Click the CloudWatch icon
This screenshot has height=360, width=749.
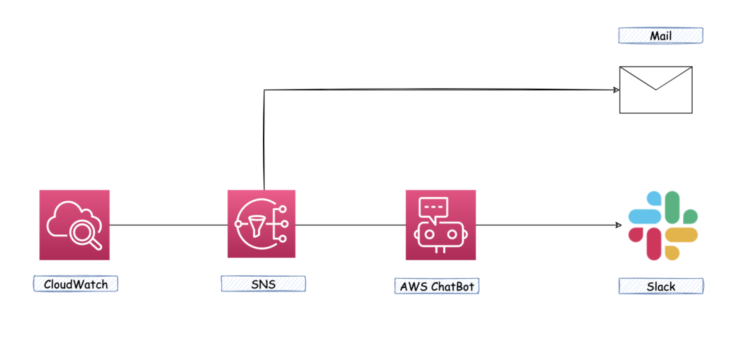coord(74,225)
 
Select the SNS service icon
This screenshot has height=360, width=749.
coord(261,225)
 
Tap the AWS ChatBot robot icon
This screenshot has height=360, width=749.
coord(440,225)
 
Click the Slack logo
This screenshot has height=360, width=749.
coord(662,225)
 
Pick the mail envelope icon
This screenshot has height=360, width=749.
coord(655,89)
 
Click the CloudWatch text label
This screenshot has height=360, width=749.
coord(76,284)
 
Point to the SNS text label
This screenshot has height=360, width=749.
coord(263,284)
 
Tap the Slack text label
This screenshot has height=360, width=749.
coord(661,285)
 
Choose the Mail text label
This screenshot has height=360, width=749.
coord(660,35)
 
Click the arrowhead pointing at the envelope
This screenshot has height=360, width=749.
coord(615,89)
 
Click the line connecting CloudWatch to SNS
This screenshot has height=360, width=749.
coord(169,225)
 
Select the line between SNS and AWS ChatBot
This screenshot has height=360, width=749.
coord(350,225)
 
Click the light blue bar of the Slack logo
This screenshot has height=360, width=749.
coord(643,216)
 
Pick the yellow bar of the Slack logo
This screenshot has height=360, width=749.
coord(681,235)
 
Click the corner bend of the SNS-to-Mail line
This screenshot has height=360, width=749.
coord(264,90)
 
